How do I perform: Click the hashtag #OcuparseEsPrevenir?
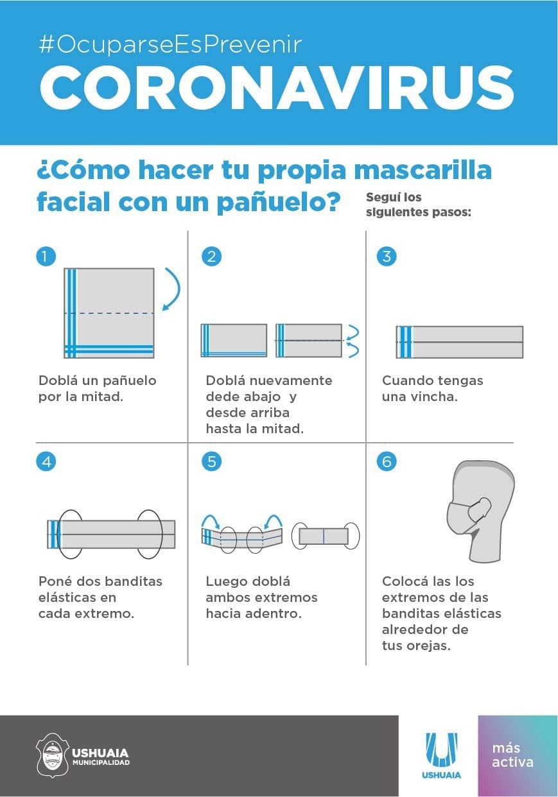170,45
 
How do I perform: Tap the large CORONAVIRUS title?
277,87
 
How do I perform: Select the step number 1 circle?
46,256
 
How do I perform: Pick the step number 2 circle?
211,256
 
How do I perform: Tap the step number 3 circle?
387,256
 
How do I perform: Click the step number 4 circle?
46,461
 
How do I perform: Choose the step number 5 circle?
211,461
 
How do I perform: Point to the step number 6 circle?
387,461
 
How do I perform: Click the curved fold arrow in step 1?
179,288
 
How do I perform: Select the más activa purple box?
518,756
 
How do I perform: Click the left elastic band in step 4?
70,534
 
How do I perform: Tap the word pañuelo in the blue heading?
279,202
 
